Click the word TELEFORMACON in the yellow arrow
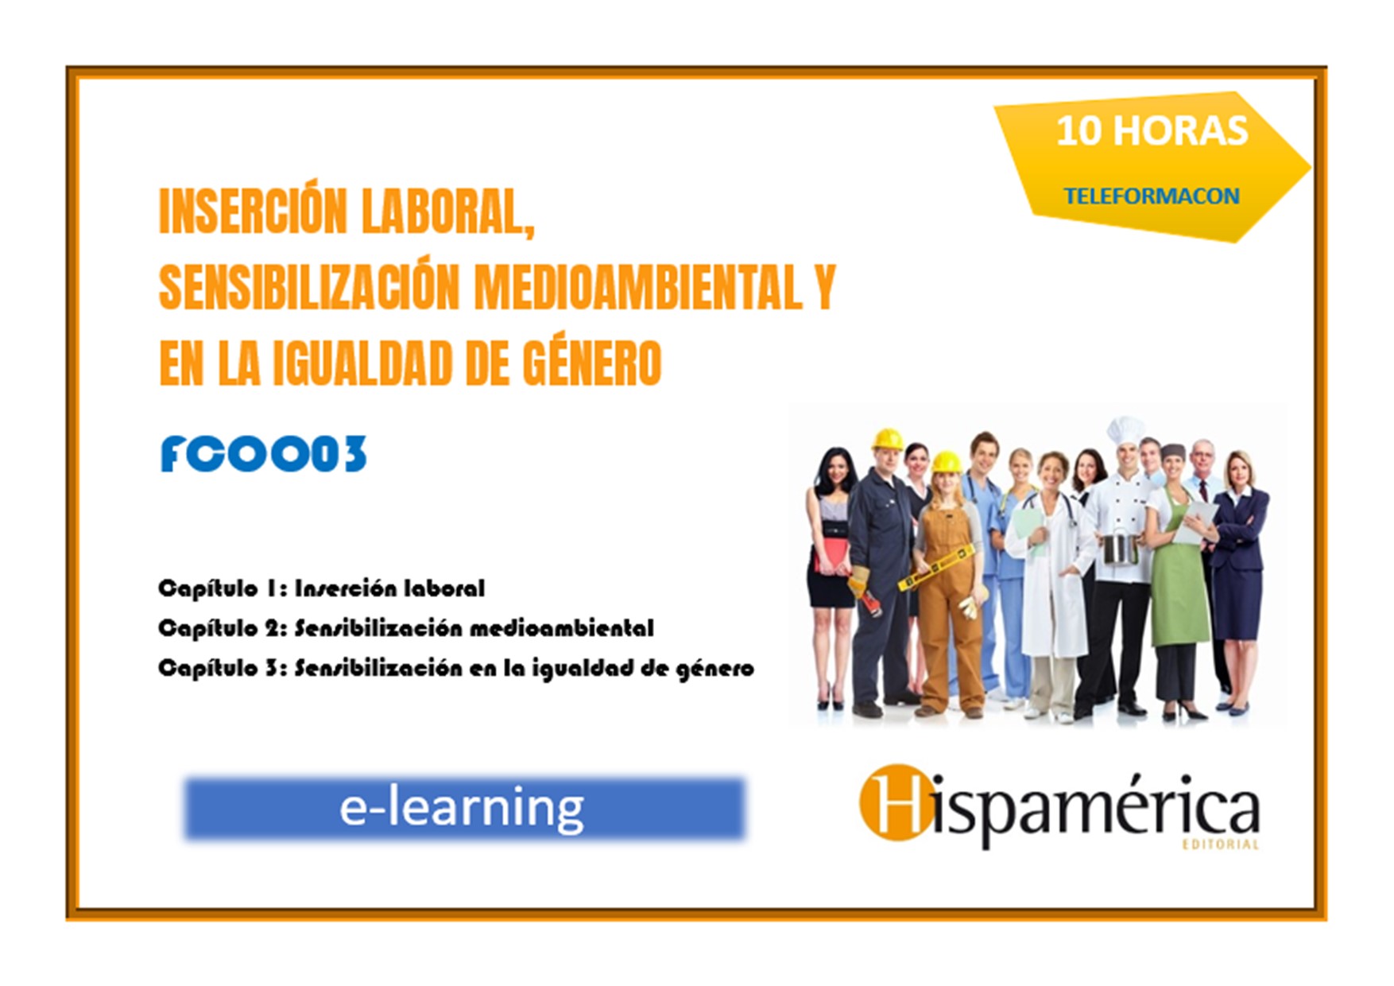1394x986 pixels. [x=1152, y=196]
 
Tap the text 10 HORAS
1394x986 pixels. [x=1152, y=130]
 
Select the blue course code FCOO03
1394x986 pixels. [x=264, y=454]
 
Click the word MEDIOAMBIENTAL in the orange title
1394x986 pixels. [x=638, y=287]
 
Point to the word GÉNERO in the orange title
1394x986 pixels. [x=591, y=363]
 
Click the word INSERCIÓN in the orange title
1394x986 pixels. [x=254, y=212]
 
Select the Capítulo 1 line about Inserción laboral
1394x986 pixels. [x=321, y=588]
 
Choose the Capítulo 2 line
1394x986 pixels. [x=406, y=628]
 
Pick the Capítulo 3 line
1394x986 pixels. [x=456, y=669]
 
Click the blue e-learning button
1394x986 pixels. [x=465, y=809]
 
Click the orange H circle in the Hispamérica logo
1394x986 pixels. [x=895, y=802]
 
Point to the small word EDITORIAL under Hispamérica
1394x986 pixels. [x=1221, y=844]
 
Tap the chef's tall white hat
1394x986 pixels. [x=1125, y=431]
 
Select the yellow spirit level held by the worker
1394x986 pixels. [x=936, y=568]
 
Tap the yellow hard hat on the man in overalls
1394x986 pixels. [x=887, y=440]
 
